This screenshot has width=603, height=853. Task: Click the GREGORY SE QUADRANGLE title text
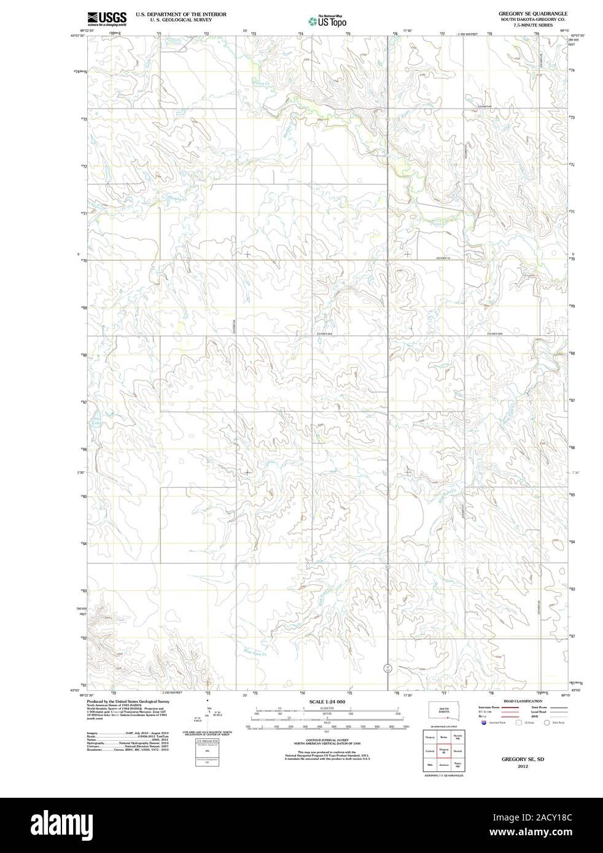point(532,13)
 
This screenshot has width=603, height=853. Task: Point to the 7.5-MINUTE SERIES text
point(533,25)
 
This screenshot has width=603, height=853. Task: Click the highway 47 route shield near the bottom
point(387,668)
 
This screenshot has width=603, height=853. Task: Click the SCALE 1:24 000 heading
point(327,701)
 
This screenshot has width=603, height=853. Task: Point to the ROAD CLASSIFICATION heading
point(523,701)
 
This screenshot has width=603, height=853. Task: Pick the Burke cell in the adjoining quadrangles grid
point(443,736)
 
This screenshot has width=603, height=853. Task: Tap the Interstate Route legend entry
point(488,708)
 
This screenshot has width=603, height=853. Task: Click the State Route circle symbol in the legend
point(547,723)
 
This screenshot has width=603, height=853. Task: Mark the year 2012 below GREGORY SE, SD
point(523,766)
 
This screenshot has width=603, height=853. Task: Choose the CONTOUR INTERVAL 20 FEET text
point(327,741)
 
